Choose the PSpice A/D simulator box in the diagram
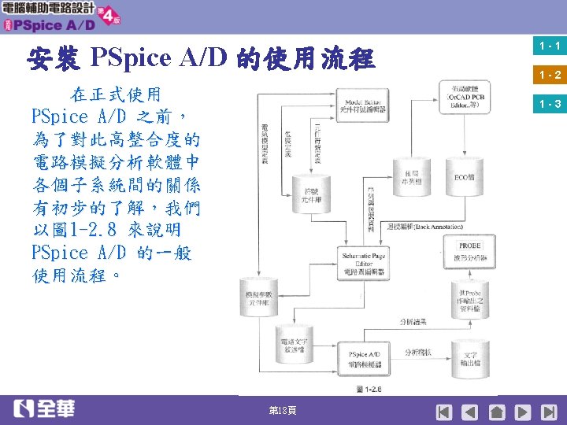click(364, 359)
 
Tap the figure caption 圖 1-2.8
click(368, 389)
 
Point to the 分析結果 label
click(414, 322)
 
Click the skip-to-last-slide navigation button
click(549, 412)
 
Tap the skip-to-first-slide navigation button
click(445, 412)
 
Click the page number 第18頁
click(283, 412)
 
